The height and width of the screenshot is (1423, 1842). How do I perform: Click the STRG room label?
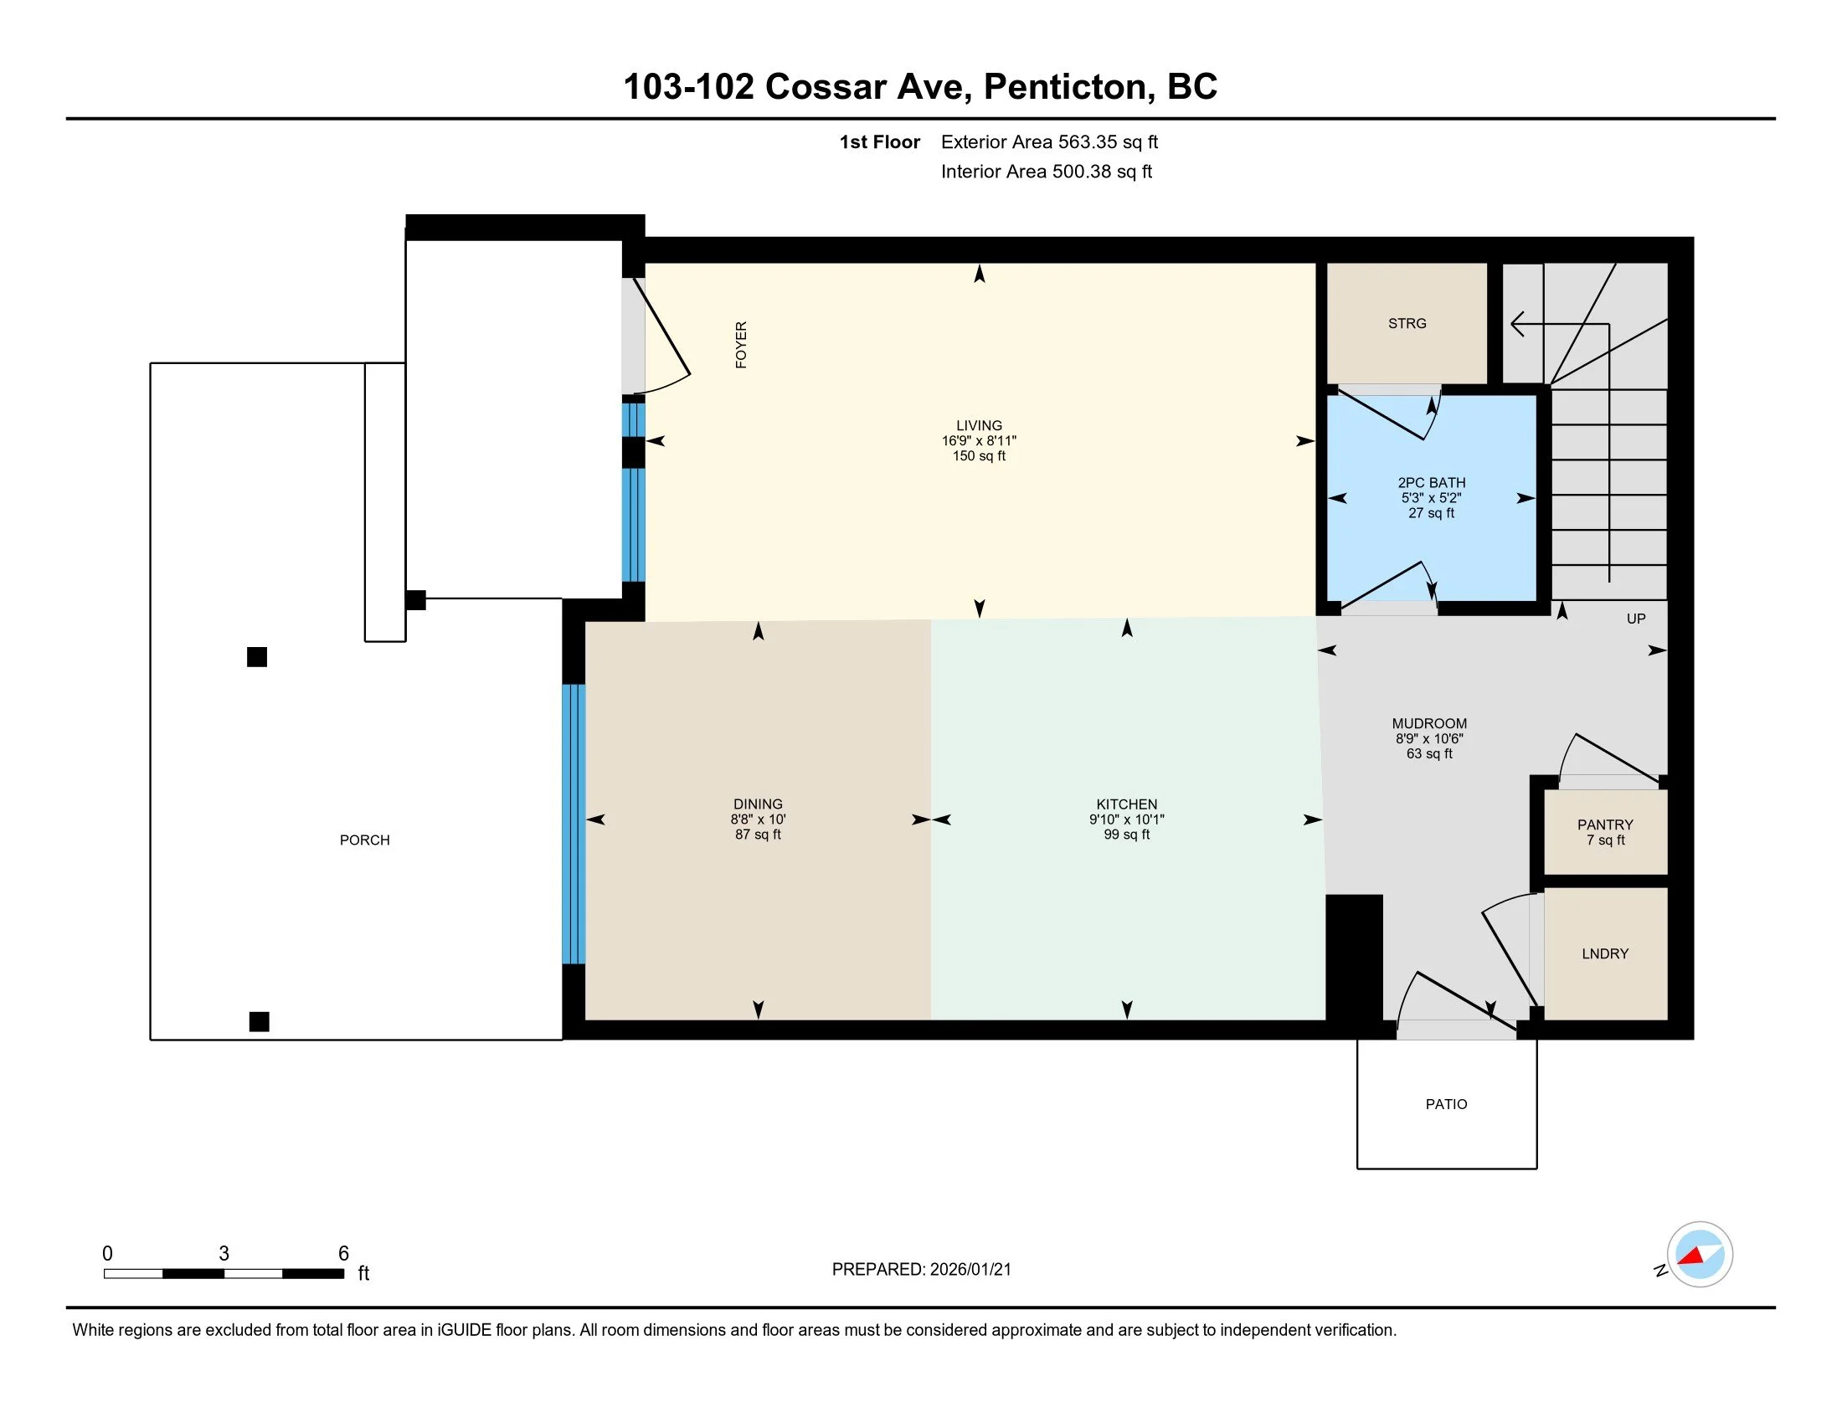(x=1407, y=324)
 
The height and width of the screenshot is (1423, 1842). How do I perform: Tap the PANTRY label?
(x=1604, y=825)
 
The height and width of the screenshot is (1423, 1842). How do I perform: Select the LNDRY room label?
(x=1604, y=953)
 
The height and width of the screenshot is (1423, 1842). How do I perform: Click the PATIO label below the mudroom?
(x=1446, y=1104)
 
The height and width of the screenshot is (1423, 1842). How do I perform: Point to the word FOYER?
(x=741, y=344)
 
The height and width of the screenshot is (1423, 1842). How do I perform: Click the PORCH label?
(x=364, y=840)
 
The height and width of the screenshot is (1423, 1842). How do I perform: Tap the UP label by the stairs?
(x=1635, y=619)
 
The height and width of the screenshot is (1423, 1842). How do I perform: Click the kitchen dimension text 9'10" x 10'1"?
(x=1126, y=819)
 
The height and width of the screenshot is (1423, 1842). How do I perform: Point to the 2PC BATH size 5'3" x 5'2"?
(x=1430, y=498)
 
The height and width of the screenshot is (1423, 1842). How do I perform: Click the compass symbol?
(x=1699, y=1255)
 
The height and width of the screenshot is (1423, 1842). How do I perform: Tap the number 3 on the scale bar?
(x=224, y=1254)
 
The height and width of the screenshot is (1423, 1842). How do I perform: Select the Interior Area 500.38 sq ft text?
(x=1046, y=172)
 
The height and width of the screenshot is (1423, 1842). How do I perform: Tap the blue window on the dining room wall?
(x=574, y=824)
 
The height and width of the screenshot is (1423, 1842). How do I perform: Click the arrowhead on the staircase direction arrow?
(x=1517, y=324)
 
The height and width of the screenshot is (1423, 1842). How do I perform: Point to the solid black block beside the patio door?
(x=1354, y=958)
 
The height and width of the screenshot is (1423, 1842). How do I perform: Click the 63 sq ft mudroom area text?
(x=1428, y=753)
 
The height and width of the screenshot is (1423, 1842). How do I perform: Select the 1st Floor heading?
(x=879, y=142)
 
